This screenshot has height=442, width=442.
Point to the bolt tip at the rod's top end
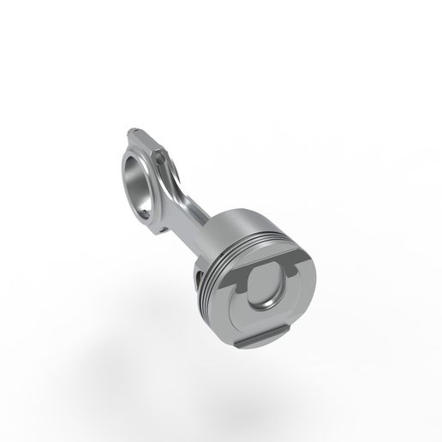130,129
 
